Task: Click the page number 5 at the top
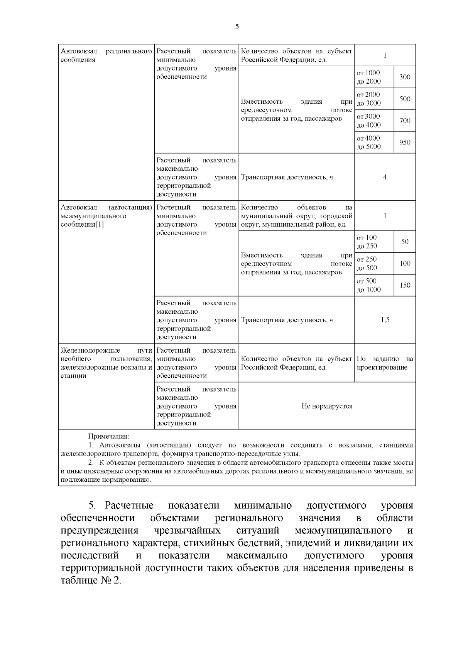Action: pos(237,27)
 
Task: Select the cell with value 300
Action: pos(404,77)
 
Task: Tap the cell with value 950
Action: pos(404,143)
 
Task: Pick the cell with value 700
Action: pos(404,121)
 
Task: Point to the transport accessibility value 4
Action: pos(385,177)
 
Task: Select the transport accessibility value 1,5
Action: pos(385,320)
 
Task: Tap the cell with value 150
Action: pos(404,286)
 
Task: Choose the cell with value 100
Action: pos(404,264)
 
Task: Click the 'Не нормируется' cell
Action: pos(327,406)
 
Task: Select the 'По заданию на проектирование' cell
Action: pos(385,363)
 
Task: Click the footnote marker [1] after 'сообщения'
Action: pos(100,224)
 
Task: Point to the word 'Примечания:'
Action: pos(109,436)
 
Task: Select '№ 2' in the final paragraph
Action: pos(112,581)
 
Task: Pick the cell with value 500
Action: pos(404,99)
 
